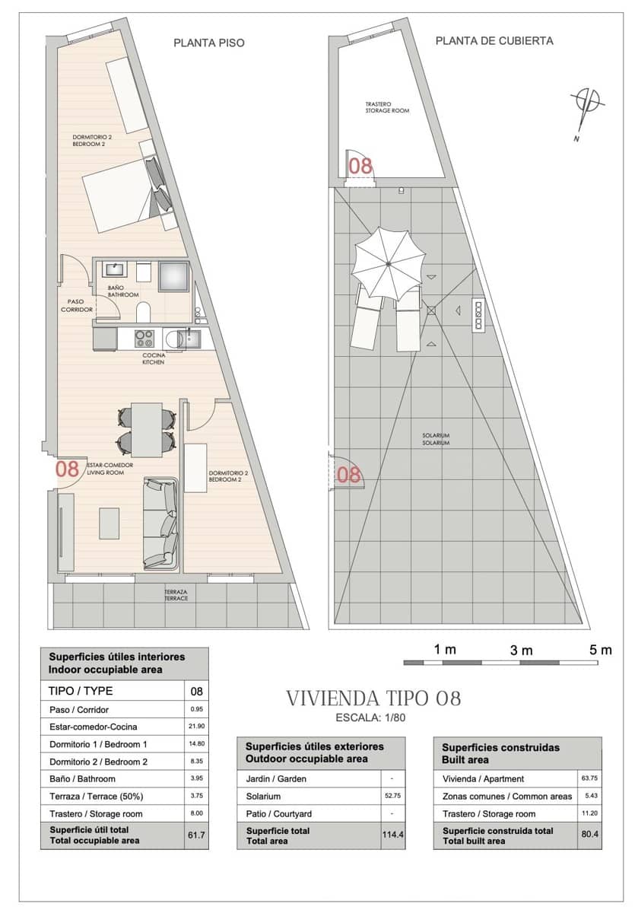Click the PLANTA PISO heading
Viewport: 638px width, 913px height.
209,43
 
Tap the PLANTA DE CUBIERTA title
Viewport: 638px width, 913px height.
494,41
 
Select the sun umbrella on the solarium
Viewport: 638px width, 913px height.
387,264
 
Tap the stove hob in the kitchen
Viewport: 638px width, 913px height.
145,337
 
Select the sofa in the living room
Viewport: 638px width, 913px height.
161,524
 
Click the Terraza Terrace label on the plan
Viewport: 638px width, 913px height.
176,595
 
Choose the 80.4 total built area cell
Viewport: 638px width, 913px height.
589,835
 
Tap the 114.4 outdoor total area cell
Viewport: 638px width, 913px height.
392,835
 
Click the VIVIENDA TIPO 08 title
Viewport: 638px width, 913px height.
373,698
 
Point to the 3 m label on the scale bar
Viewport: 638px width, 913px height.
521,650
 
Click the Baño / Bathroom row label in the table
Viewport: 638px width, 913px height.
82,778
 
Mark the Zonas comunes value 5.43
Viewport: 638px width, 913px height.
589,796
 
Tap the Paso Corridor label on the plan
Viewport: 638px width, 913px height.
77,305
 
